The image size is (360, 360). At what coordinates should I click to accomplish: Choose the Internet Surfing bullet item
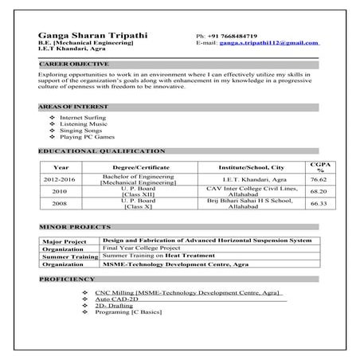82,116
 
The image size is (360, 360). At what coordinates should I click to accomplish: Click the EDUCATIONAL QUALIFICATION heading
102,151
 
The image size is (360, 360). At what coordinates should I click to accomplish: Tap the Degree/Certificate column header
136,167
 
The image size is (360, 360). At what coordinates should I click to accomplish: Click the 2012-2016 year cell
60,180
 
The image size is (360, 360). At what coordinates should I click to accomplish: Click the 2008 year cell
60,204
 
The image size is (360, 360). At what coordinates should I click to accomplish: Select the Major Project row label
65,241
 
